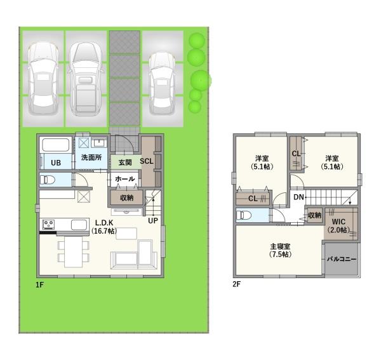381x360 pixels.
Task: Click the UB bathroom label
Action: [x=56, y=163]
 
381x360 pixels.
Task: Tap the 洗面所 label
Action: [x=91, y=157]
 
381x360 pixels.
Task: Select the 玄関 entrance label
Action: [x=125, y=163]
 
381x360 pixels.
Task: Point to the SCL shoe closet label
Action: [x=147, y=161]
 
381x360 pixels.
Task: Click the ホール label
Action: [x=125, y=179]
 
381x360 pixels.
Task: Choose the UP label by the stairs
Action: [x=153, y=220]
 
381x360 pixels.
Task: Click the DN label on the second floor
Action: [x=299, y=197]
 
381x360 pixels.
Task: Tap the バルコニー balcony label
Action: [x=342, y=259]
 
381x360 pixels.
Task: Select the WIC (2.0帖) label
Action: [x=338, y=225]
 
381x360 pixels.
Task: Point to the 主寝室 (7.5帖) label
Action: [x=281, y=250]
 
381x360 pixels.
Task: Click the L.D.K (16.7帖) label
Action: [x=104, y=227]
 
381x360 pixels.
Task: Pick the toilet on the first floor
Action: [x=48, y=180]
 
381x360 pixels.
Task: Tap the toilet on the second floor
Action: [x=244, y=215]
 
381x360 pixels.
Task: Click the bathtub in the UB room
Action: [x=56, y=145]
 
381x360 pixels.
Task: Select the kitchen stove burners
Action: [x=49, y=224]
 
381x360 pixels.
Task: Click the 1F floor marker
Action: [x=39, y=284]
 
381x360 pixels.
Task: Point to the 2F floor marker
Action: [x=236, y=284]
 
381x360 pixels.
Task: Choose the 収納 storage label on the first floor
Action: [x=127, y=197]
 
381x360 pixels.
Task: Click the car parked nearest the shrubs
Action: [x=163, y=83]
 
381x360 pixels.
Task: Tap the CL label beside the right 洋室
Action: [x=296, y=154]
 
